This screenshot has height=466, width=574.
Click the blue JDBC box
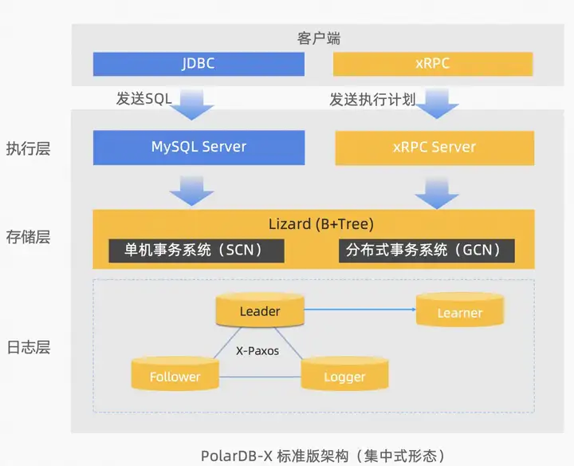click(x=199, y=63)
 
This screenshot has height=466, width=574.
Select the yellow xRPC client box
click(x=433, y=63)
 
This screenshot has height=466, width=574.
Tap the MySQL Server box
click(x=199, y=147)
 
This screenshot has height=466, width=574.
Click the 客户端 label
click(x=314, y=38)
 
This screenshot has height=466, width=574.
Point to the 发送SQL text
click(x=143, y=99)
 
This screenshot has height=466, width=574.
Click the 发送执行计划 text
click(x=372, y=99)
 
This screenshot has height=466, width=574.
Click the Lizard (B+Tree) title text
click(x=320, y=223)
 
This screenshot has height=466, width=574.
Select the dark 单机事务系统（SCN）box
click(x=196, y=250)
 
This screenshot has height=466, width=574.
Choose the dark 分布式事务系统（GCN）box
click(x=427, y=250)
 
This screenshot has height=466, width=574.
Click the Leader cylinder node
click(x=260, y=310)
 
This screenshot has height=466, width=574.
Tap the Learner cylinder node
click(x=460, y=311)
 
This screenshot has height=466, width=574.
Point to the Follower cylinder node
click(x=175, y=375)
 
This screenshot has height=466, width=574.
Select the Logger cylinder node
click(x=344, y=375)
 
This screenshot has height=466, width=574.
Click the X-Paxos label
click(x=258, y=349)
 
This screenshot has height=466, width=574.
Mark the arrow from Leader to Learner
click(x=359, y=309)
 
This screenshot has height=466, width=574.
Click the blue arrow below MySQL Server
click(x=192, y=191)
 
